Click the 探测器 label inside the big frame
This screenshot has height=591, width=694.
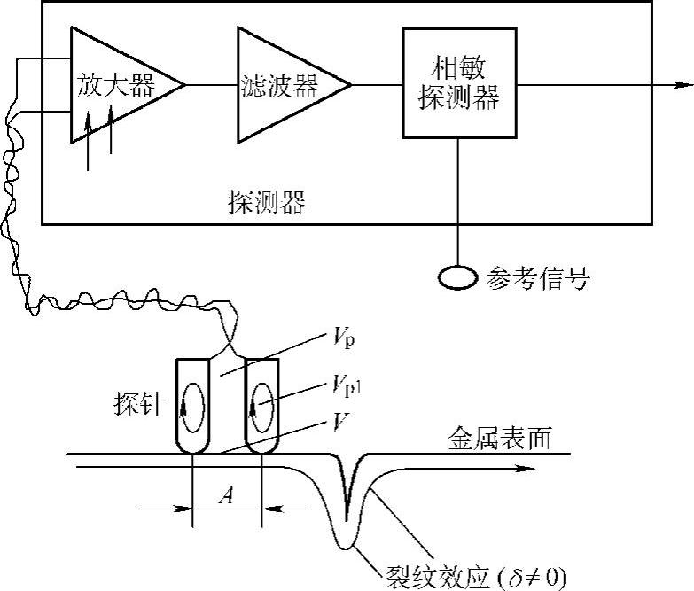(x=266, y=205)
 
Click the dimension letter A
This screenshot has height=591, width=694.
(x=228, y=498)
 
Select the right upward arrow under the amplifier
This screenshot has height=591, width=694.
(x=112, y=128)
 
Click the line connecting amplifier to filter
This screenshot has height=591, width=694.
(x=211, y=85)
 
